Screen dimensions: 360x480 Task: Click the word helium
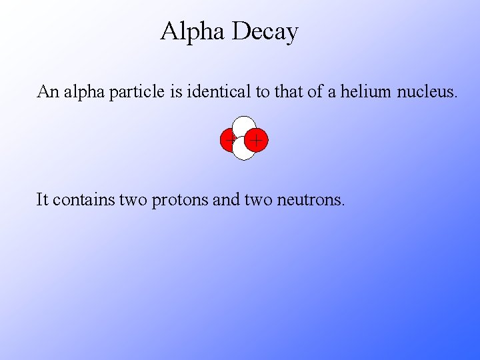365,91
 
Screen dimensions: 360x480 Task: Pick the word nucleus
427,91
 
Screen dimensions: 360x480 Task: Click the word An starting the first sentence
48,91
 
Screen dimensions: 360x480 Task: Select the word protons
179,199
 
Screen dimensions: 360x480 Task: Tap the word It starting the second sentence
42,199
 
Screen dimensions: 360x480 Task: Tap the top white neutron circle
244,125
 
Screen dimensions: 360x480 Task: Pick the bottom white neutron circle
244,150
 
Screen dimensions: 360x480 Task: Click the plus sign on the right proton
257,140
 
